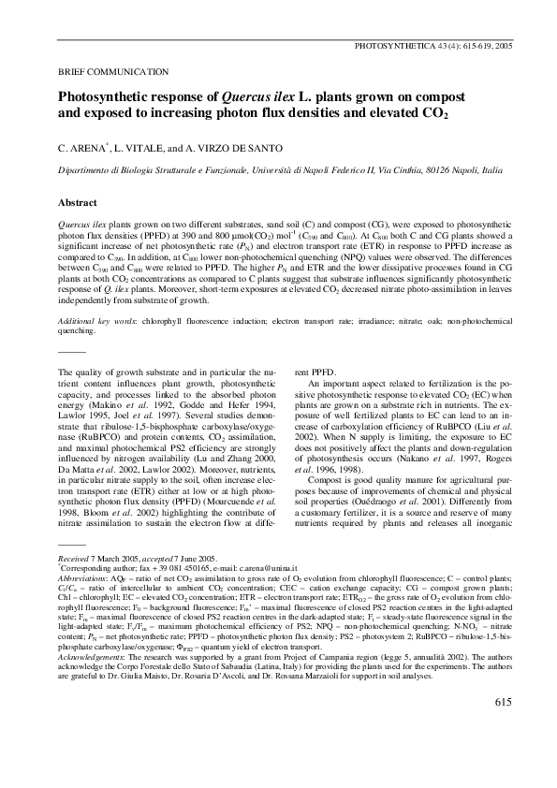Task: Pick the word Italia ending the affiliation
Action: coord(490,170)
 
